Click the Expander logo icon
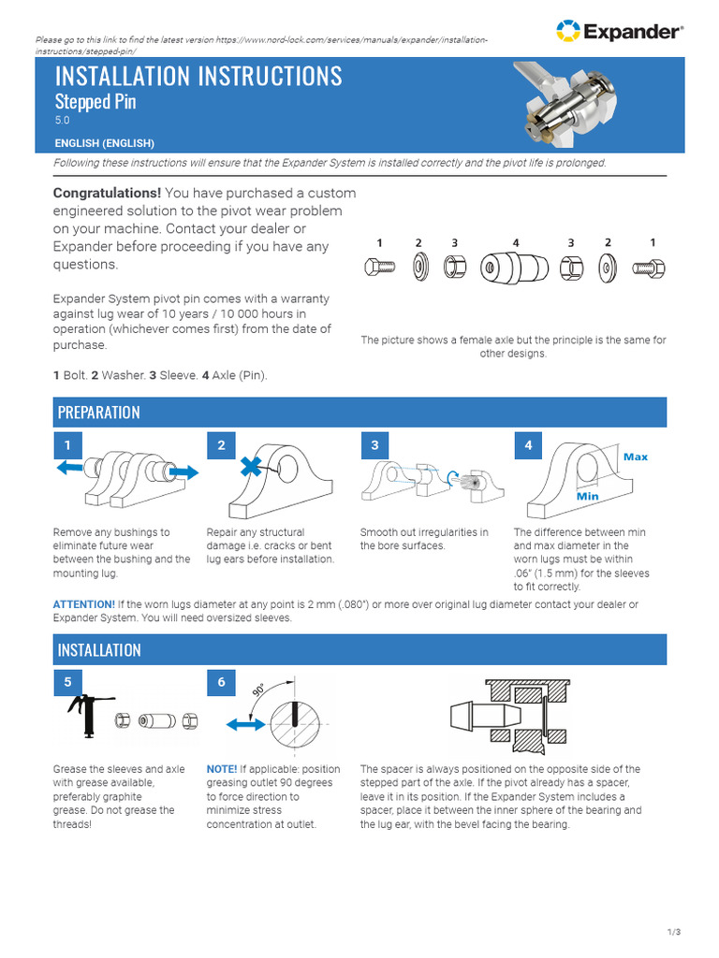tap(567, 32)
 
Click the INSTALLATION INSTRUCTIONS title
tap(198, 76)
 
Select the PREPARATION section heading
tap(99, 413)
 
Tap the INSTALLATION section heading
tap(99, 650)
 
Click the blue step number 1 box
tap(68, 445)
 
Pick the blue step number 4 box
tap(528, 445)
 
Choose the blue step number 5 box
tap(68, 683)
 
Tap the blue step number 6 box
tap(222, 683)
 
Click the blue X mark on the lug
tap(251, 468)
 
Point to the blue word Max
tap(636, 457)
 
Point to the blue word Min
tap(587, 496)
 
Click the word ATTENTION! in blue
tap(83, 605)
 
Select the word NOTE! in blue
tap(222, 769)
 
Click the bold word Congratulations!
tap(108, 193)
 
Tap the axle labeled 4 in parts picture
tap(514, 268)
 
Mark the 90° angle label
tap(259, 691)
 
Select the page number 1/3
tap(674, 932)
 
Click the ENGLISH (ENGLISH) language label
tap(104, 143)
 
